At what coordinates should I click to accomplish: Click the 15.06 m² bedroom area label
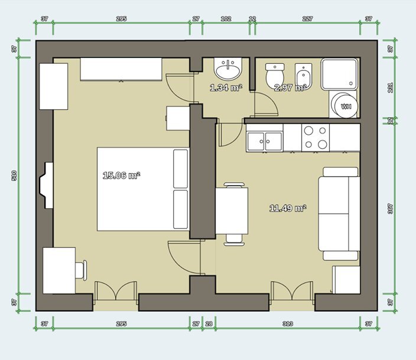[121, 175]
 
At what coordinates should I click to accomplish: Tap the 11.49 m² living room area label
[288, 208]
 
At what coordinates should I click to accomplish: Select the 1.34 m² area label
[226, 88]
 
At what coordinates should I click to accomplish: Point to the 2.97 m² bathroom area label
[290, 88]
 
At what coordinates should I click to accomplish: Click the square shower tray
[340, 74]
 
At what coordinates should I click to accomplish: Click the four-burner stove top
[316, 137]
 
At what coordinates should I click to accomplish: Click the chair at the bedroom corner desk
[81, 270]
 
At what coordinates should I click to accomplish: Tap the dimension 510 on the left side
[14, 175]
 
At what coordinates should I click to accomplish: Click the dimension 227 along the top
[307, 18]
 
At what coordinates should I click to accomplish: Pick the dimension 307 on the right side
[390, 208]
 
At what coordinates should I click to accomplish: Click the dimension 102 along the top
[225, 18]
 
